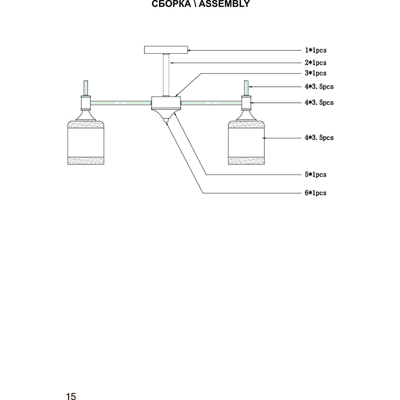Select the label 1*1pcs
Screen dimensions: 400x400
point(316,50)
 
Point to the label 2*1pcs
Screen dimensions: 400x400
point(316,63)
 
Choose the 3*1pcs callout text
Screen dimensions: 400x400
point(316,73)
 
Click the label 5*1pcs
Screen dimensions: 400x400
point(316,175)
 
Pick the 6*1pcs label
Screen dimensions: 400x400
point(316,193)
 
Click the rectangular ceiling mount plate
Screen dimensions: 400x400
point(166,50)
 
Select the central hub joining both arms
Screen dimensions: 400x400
point(166,104)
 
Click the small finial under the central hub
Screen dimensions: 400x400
point(166,119)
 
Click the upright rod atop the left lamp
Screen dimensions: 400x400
point(85,87)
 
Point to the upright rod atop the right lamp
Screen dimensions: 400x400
point(247,87)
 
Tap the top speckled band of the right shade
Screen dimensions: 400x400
point(247,124)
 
